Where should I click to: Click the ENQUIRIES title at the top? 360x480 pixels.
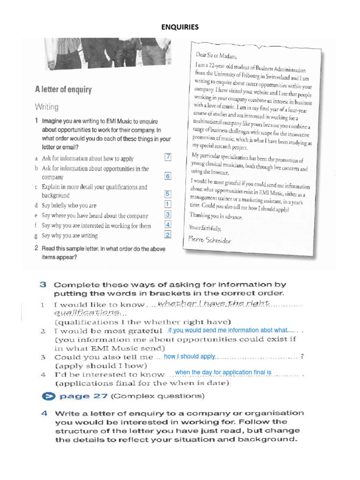click(x=180, y=27)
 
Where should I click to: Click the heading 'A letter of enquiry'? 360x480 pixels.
click(x=63, y=89)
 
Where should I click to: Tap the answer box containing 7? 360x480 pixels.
click(x=168, y=157)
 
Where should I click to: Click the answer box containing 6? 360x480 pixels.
click(x=168, y=176)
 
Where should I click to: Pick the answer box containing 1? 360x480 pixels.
click(x=168, y=204)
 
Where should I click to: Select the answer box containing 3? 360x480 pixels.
click(x=168, y=215)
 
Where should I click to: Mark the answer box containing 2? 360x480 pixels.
click(x=168, y=235)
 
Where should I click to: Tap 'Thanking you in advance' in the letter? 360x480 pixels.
click(x=216, y=216)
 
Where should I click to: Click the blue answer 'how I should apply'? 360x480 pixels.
click(x=189, y=357)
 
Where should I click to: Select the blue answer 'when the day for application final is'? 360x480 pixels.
click(x=223, y=373)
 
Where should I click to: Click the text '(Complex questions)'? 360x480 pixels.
click(x=157, y=396)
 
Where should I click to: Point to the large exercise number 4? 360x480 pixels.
click(x=43, y=413)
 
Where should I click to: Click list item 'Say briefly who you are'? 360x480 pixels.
click(x=69, y=205)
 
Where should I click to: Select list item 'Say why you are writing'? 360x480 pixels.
click(x=69, y=236)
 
